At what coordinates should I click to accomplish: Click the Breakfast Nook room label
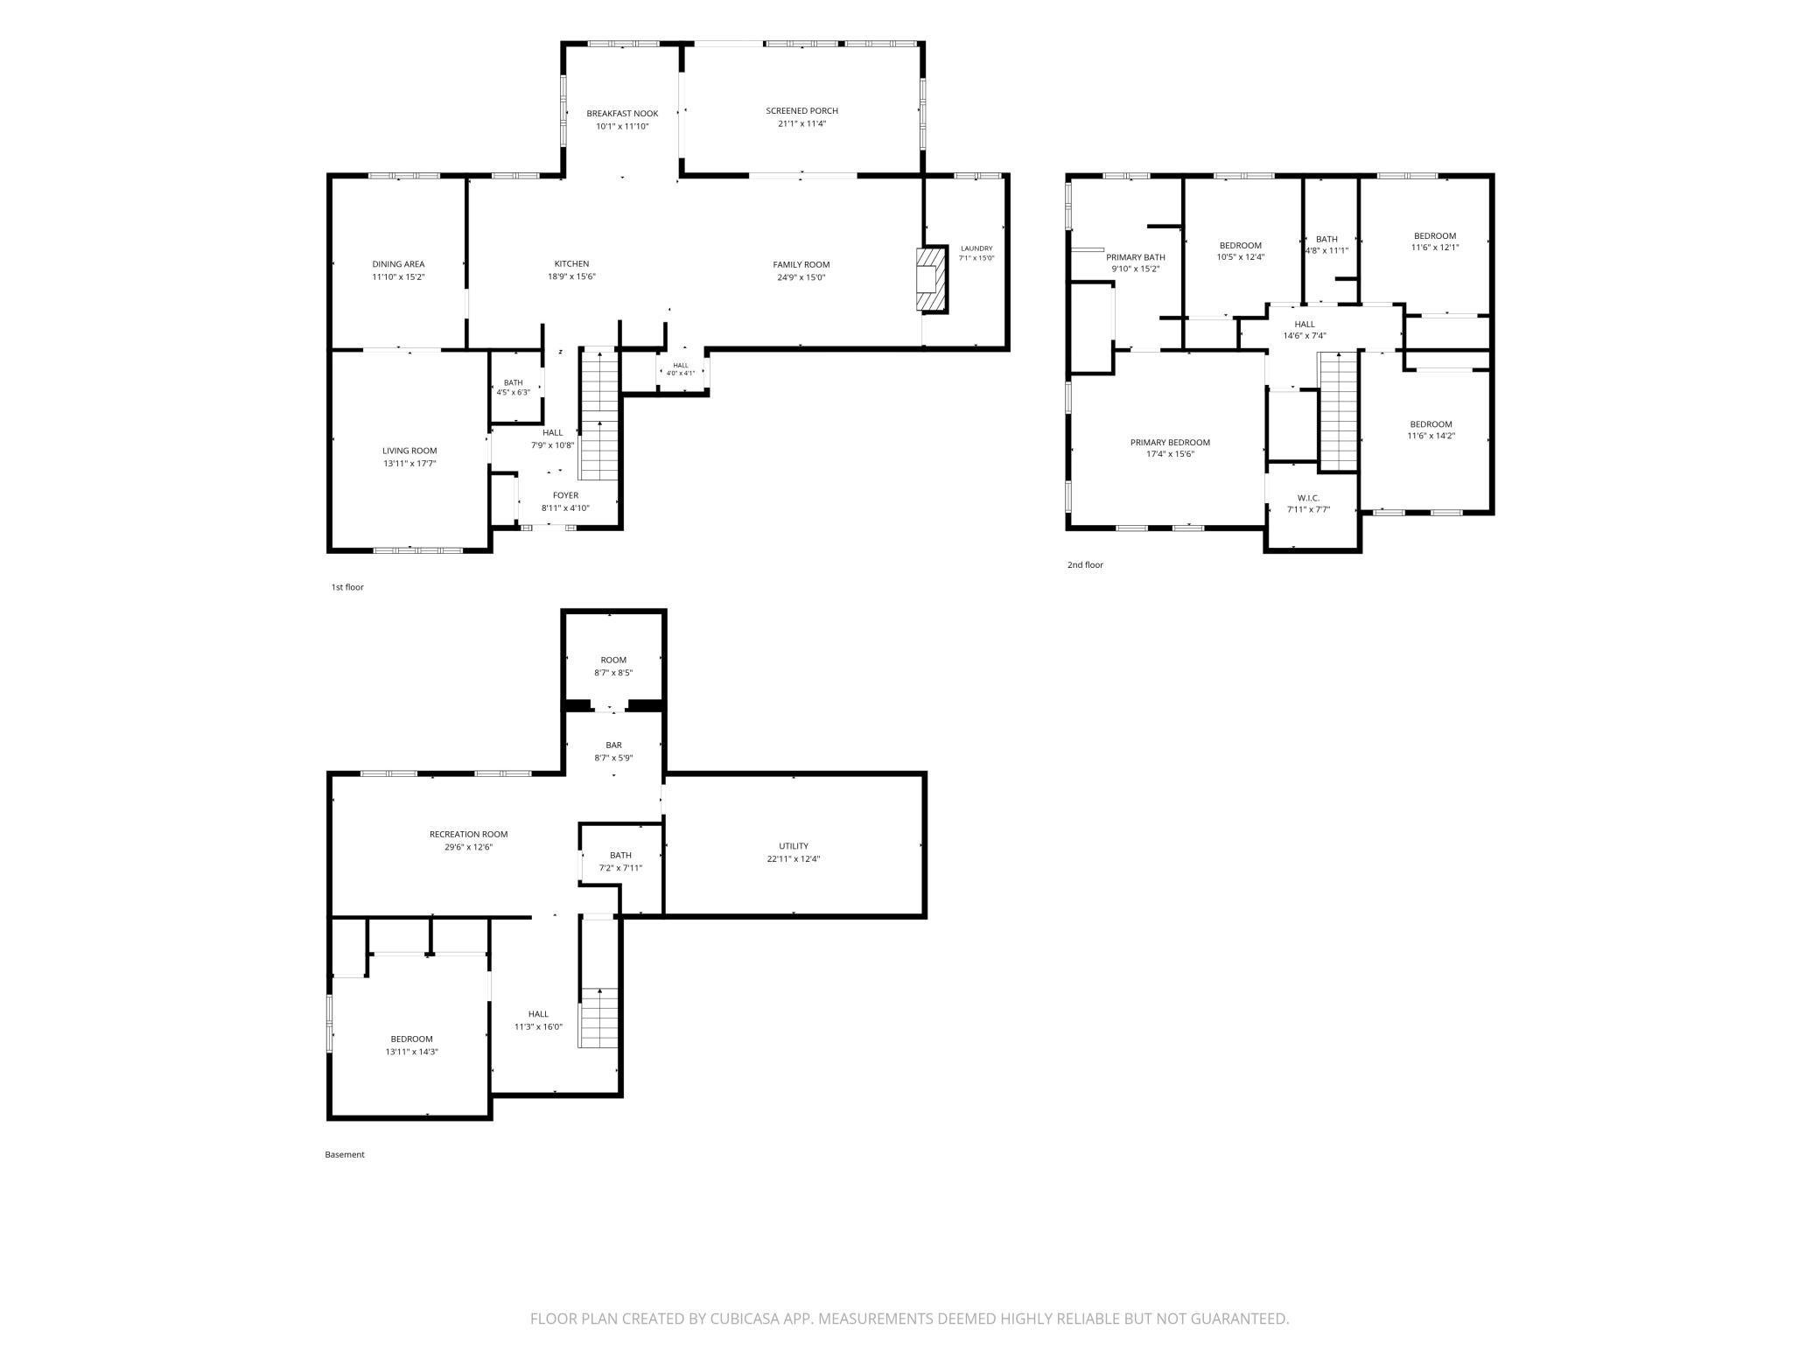622,114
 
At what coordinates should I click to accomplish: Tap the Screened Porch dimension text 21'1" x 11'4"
801,124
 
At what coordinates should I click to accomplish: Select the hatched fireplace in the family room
932,279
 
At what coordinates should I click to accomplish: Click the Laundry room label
976,248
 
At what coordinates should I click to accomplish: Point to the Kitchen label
571,264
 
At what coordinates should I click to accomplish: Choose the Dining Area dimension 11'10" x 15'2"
398,277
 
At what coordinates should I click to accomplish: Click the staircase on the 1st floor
599,415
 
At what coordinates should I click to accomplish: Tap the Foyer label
565,496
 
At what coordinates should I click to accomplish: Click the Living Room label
409,451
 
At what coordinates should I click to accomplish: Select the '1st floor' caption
347,587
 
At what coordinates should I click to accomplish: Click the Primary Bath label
1136,257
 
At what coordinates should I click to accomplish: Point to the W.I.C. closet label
1308,498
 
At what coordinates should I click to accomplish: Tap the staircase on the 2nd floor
1338,410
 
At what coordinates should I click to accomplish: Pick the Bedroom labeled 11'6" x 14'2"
1431,430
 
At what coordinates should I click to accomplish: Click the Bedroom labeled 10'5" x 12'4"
1241,251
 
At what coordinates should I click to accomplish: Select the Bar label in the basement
613,745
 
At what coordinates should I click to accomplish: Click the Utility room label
794,846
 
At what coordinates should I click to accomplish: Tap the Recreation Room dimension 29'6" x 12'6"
468,847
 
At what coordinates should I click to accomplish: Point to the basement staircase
599,1018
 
